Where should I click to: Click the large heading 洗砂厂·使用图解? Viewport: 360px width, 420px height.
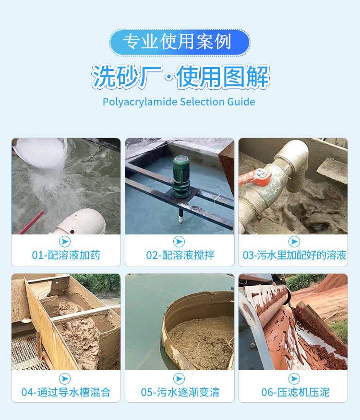180,77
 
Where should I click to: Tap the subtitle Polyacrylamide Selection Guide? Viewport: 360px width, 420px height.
179,102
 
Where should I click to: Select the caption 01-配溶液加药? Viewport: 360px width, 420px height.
66,255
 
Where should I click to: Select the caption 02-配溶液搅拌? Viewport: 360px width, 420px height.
180,255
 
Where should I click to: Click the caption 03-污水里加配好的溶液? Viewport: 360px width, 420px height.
294,255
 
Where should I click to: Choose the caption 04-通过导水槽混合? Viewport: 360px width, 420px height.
66,392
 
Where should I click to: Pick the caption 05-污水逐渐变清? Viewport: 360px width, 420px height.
180,392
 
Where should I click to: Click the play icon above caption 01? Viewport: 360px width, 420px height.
65,242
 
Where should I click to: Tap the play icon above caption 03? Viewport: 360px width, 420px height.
294,242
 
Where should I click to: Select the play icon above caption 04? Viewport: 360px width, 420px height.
65,378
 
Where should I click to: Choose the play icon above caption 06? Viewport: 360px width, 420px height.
294,378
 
